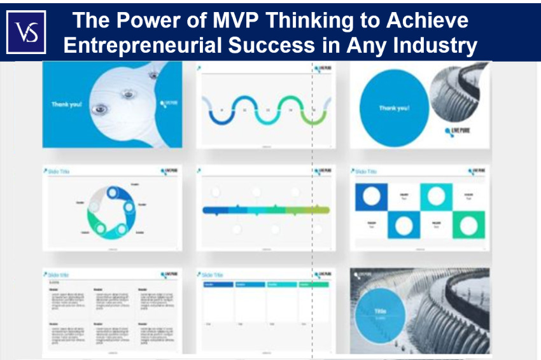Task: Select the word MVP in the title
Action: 230,20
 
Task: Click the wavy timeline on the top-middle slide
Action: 265,109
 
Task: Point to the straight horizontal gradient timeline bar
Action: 265,210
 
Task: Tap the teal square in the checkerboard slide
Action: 436,196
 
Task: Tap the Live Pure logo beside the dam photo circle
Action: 458,132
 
